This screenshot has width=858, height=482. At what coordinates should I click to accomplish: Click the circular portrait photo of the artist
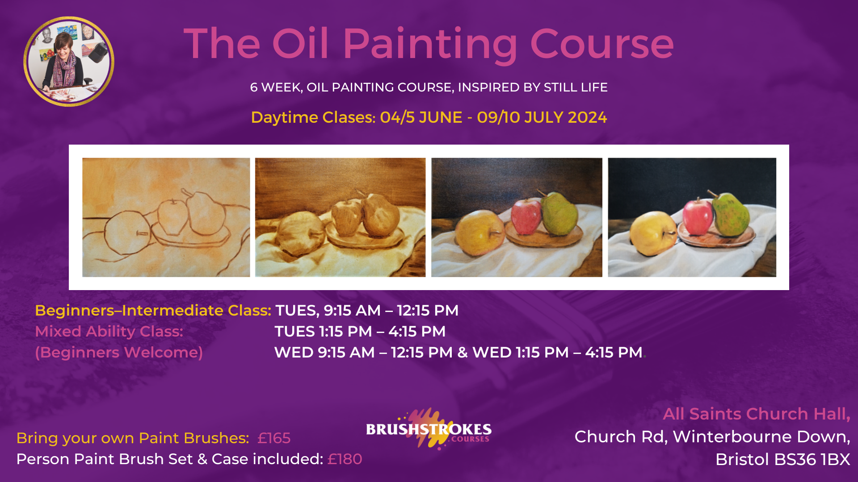[x=69, y=62]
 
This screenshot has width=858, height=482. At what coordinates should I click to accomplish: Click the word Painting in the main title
[x=429, y=45]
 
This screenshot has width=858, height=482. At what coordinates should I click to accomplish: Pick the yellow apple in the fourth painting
[x=651, y=232]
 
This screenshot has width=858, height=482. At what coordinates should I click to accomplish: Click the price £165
[x=274, y=438]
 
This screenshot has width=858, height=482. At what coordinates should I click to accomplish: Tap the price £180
[x=345, y=459]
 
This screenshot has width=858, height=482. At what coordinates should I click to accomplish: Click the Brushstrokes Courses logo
[x=429, y=429]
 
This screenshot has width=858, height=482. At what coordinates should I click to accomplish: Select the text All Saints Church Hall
[x=756, y=414]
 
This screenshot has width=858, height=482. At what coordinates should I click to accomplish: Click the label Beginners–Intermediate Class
[x=153, y=311]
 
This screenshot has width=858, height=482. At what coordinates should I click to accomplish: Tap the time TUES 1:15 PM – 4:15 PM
[x=360, y=332]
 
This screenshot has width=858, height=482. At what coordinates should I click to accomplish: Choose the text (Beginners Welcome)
[x=119, y=353]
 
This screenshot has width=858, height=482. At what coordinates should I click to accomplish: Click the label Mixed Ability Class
[x=109, y=332]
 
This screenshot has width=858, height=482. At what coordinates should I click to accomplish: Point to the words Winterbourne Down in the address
[x=761, y=436]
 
